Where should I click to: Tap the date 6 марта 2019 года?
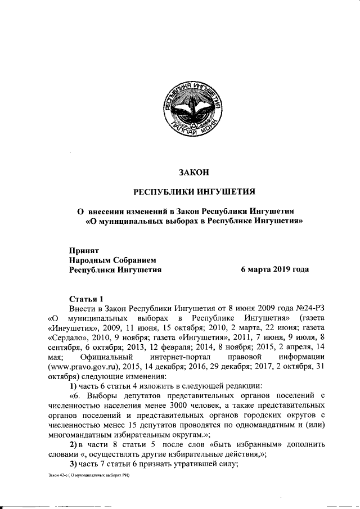[274, 269]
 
